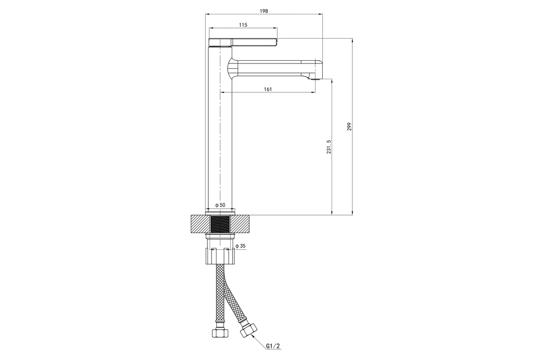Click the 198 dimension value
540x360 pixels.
[264, 11]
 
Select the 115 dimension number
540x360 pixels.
[243, 25]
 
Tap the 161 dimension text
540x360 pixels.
[268, 89]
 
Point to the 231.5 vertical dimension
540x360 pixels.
[329, 147]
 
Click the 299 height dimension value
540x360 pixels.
[349, 126]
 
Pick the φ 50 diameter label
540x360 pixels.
[220, 205]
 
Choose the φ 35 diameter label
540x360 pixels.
[240, 246]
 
